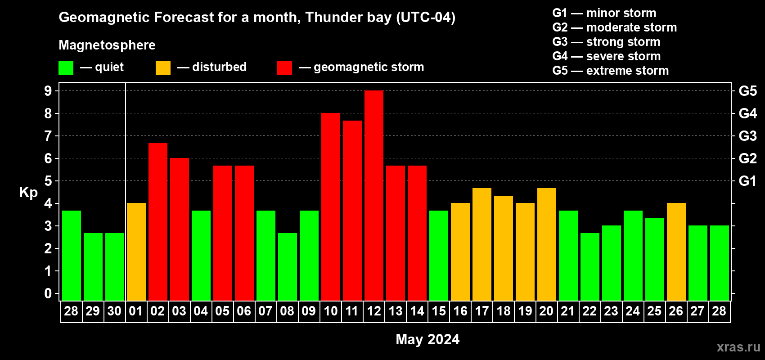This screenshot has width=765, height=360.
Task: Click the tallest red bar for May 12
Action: [x=374, y=196]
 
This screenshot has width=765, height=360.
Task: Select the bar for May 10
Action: [x=331, y=207]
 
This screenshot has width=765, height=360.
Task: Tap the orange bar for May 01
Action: [x=136, y=252]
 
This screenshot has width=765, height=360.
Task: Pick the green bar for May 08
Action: [x=288, y=267]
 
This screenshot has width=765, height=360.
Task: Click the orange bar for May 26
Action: [x=676, y=252]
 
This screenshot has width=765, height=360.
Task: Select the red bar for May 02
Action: [x=158, y=222]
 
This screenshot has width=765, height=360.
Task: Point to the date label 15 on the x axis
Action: [x=439, y=311]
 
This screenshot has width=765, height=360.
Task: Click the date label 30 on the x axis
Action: [x=114, y=311]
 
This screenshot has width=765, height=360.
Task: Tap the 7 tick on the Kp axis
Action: [x=48, y=136]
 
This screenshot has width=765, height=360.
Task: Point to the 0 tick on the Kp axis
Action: [x=48, y=293]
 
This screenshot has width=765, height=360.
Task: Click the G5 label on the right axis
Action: [x=747, y=91]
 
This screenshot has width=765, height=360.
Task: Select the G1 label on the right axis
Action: [x=747, y=181]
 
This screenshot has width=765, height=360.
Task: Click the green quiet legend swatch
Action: [x=66, y=68]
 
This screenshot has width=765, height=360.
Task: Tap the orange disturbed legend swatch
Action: [x=163, y=68]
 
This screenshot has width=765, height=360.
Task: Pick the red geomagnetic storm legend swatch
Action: [x=284, y=68]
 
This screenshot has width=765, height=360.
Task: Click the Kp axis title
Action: [x=28, y=192]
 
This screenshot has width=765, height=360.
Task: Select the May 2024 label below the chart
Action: [x=427, y=339]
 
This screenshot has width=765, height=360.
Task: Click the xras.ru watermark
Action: [x=738, y=346]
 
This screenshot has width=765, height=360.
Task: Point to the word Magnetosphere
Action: [x=107, y=45]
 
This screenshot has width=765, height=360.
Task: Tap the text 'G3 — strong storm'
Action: [x=606, y=42]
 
